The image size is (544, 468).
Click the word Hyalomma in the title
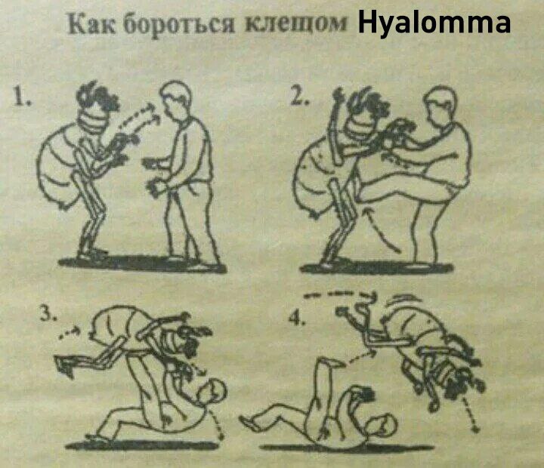click(x=434, y=23)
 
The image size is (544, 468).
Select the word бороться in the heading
click(x=179, y=24)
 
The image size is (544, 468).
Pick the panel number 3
click(x=48, y=314)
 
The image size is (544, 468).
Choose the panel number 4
click(x=298, y=318)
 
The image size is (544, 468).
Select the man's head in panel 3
click(x=212, y=393)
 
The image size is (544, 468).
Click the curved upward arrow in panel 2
click(x=382, y=229)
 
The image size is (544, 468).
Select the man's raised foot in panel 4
click(x=332, y=363)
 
